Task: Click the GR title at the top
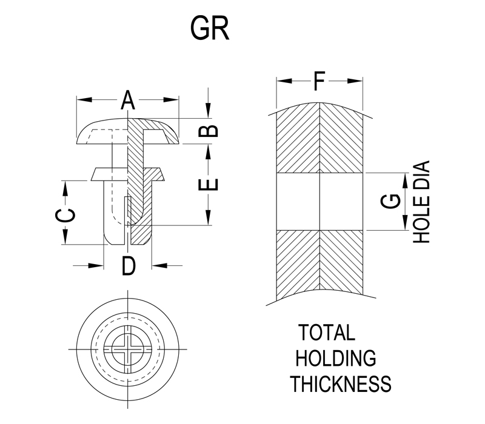click(x=210, y=28)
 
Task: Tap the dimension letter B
click(x=209, y=131)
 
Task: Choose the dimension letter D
click(x=127, y=265)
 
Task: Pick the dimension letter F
click(x=319, y=81)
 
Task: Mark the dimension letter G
click(x=392, y=202)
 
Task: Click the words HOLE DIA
click(x=421, y=202)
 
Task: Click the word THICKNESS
click(x=339, y=384)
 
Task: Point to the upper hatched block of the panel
click(x=319, y=142)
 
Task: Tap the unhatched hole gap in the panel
click(x=319, y=202)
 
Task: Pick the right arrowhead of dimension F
click(x=358, y=81)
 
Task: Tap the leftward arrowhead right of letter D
click(x=156, y=265)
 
